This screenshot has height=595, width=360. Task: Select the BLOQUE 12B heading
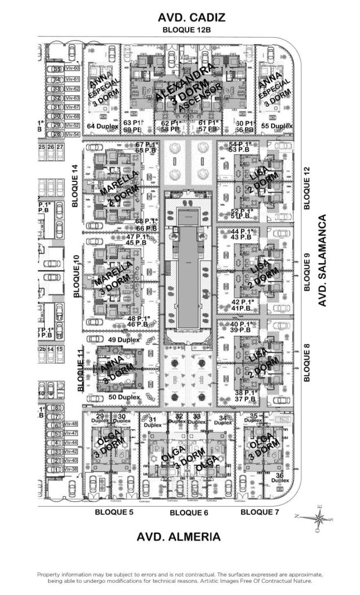coord(186,30)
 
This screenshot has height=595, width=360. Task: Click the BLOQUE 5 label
coord(114,512)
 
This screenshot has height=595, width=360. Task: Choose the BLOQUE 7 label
coord(260,512)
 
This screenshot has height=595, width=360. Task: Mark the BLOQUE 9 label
coord(308,271)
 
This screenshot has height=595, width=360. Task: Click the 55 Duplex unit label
coord(276,126)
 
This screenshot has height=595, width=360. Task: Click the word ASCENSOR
coord(200,98)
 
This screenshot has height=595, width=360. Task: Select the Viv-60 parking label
coord(72,69)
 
